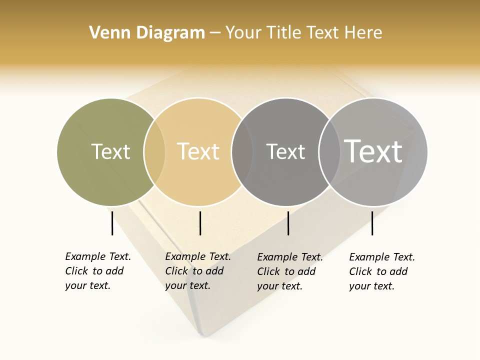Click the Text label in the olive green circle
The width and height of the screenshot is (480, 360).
[110, 151]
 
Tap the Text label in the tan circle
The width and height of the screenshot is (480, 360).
[198, 151]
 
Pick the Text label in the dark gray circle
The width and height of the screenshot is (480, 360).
[285, 151]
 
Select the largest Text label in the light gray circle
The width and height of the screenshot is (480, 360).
[373, 151]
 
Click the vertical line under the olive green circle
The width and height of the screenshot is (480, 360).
[112, 223]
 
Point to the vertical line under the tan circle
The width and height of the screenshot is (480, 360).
[200, 223]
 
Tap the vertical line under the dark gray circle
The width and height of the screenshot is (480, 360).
[288, 223]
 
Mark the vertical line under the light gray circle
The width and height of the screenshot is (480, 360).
[372, 223]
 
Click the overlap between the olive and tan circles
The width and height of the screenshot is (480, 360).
[154, 152]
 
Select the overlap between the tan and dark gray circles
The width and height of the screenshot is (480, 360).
[242, 152]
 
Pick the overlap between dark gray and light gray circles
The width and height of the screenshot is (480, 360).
[329, 152]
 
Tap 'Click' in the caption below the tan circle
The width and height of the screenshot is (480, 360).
[176, 271]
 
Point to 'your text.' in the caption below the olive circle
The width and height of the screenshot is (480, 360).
[87, 285]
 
